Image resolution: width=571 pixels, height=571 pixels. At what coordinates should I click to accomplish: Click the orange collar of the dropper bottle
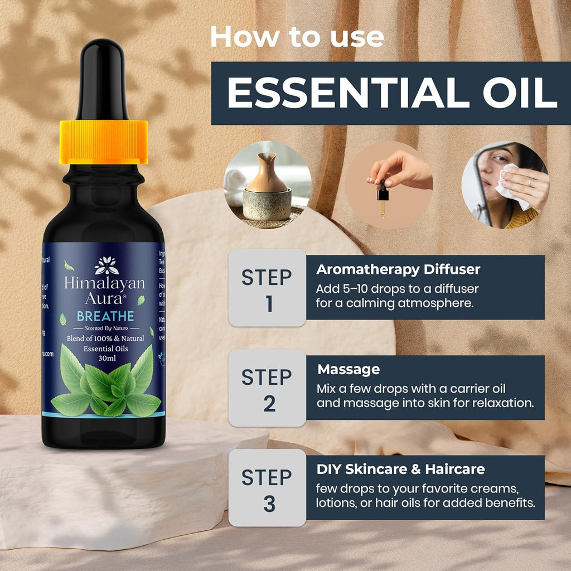(104, 142)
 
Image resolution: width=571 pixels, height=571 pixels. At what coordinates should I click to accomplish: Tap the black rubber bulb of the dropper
(104, 78)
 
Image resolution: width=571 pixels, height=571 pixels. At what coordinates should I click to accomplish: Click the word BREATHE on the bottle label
(105, 316)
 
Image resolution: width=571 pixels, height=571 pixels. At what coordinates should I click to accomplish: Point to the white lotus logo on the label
(104, 266)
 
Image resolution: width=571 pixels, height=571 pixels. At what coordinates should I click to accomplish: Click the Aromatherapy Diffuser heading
(398, 269)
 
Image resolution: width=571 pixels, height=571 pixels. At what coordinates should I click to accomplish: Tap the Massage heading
(349, 369)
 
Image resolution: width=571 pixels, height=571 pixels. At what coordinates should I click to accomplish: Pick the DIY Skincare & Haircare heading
(400, 469)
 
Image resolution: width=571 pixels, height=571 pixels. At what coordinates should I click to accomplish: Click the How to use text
(297, 37)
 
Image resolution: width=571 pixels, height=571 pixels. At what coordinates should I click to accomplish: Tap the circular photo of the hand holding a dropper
(389, 185)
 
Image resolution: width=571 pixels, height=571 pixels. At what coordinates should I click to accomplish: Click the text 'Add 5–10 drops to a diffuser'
(397, 289)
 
